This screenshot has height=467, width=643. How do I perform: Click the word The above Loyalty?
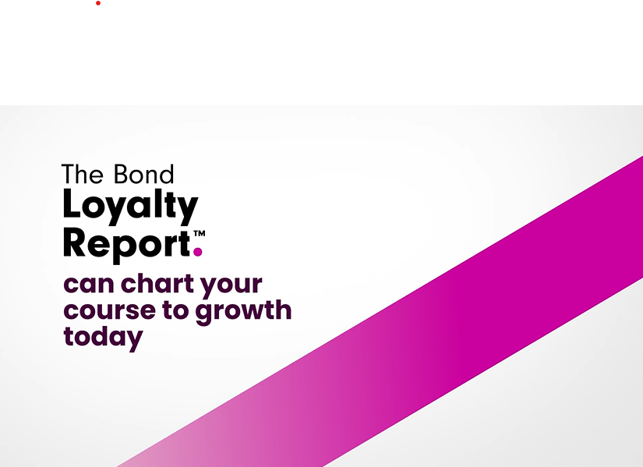pyautogui.click(x=83, y=173)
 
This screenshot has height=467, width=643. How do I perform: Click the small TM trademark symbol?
pyautogui.click(x=199, y=232)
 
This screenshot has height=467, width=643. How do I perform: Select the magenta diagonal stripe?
pyautogui.click(x=468, y=312)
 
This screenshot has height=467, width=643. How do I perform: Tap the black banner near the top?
pyautogui.click(x=321, y=55)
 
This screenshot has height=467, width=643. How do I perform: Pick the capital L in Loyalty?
pyautogui.click(x=72, y=205)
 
